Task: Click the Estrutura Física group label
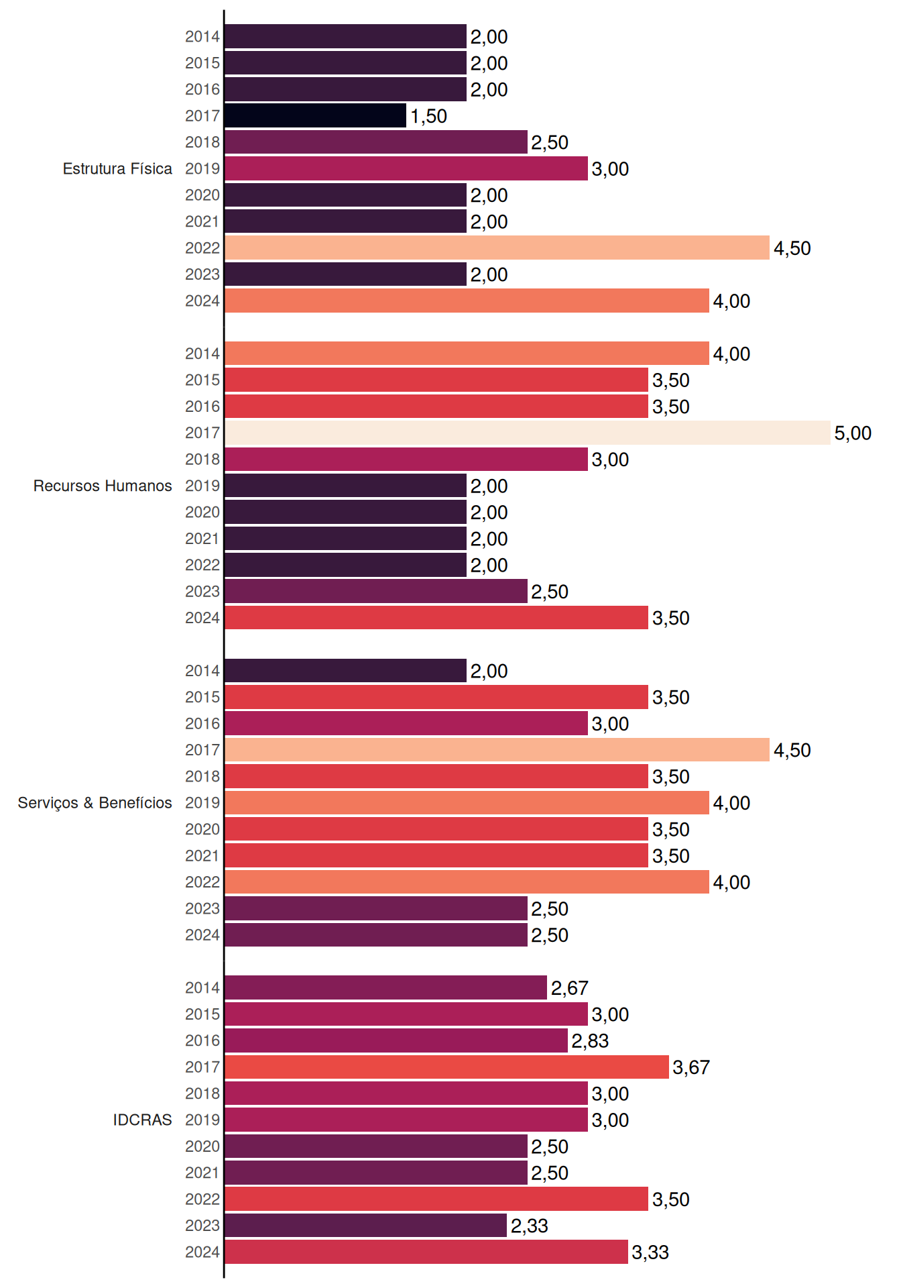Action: [117, 169]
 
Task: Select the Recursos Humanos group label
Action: [103, 486]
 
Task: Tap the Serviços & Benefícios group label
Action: [95, 803]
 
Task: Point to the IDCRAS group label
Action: [142, 1120]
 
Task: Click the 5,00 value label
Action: [853, 433]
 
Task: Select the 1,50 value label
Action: [428, 116]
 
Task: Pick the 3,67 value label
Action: [691, 1067]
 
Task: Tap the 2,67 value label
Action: [570, 988]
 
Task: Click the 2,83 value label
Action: [590, 1041]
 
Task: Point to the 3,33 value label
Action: [650, 1252]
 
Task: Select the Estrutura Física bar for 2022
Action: [497, 248]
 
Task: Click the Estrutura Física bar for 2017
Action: [315, 115]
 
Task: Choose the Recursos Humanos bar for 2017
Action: [528, 433]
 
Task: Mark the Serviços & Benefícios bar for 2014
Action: [345, 670]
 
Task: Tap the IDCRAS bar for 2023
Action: [365, 1225]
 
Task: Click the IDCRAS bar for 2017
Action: [446, 1067]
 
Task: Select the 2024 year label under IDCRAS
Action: [202, 1252]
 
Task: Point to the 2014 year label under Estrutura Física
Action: [202, 37]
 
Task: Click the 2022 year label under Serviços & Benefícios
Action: [202, 882]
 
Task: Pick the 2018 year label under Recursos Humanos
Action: [202, 460]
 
